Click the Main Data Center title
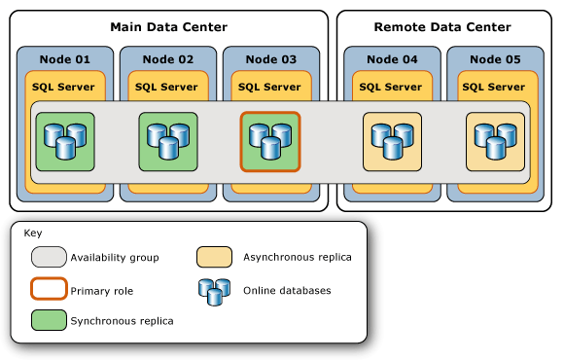click(x=168, y=26)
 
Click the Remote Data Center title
click(x=442, y=26)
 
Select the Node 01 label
click(x=64, y=59)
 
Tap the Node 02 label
click(x=167, y=59)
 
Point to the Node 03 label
click(x=270, y=59)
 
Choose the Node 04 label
click(x=392, y=59)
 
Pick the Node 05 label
click(x=494, y=59)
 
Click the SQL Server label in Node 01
click(x=64, y=87)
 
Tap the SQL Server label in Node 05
click(x=494, y=87)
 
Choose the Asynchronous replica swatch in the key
click(x=214, y=257)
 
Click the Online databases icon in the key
click(x=214, y=289)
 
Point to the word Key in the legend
click(x=33, y=234)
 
